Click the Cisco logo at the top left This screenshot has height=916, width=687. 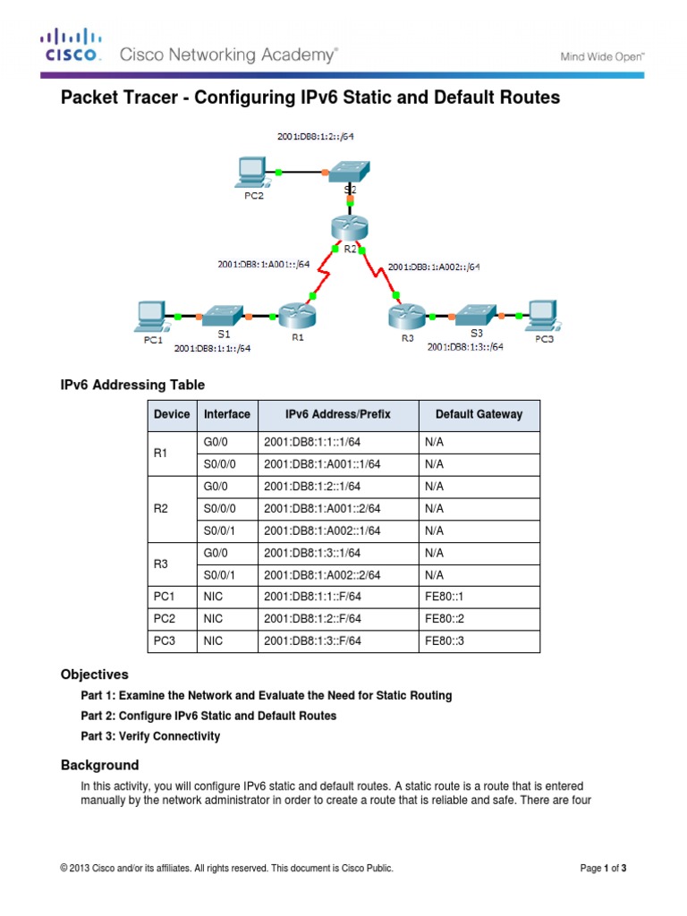click(72, 46)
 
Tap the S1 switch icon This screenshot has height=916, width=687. click(220, 316)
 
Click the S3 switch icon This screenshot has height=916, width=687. click(473, 315)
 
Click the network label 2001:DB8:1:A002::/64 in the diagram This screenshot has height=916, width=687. click(434, 267)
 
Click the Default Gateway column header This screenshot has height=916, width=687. click(479, 414)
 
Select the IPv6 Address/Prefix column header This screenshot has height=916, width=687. click(338, 414)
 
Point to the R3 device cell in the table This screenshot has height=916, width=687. click(161, 564)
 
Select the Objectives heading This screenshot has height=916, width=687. click(94, 674)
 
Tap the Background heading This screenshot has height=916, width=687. click(99, 765)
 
